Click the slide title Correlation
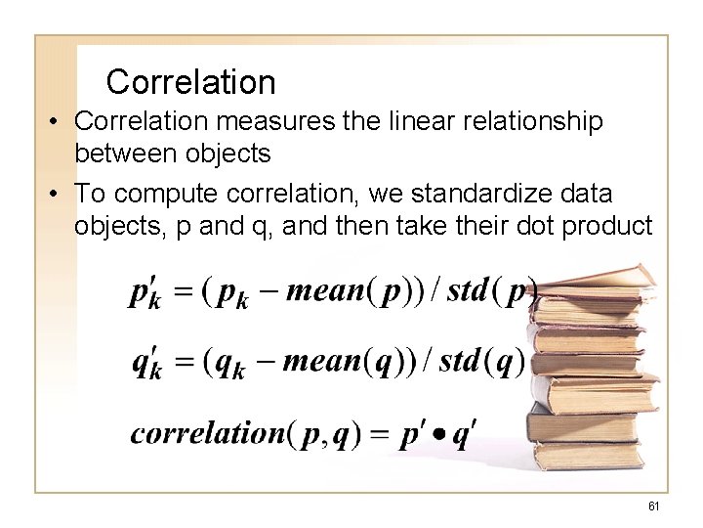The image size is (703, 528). (190, 82)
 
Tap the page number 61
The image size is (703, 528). (654, 505)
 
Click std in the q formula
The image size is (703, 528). (463, 362)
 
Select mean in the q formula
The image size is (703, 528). (321, 362)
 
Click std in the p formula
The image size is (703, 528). (468, 292)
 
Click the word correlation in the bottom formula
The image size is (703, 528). (208, 432)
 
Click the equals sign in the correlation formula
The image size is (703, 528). (378, 433)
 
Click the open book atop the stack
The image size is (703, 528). (596, 284)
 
